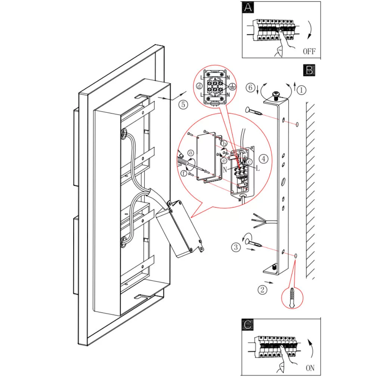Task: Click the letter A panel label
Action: click(x=247, y=8)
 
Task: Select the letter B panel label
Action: click(x=309, y=70)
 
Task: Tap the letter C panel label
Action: click(x=247, y=324)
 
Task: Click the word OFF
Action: click(x=309, y=52)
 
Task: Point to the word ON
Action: click(x=310, y=368)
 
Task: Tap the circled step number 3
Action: click(x=236, y=247)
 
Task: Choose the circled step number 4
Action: click(x=264, y=159)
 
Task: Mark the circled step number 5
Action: click(x=183, y=105)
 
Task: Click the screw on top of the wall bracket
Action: click(x=277, y=95)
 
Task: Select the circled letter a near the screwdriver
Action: click(x=191, y=153)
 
